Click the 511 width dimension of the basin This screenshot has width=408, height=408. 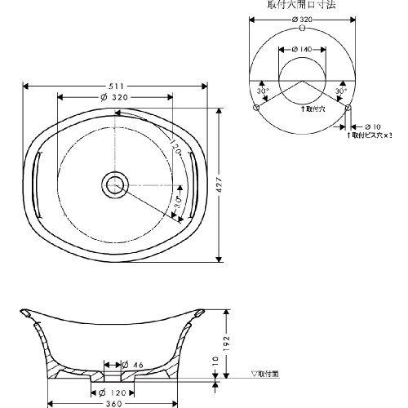pos(115,86)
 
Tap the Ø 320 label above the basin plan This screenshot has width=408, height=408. pos(115,98)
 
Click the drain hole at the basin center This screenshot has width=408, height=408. pos(115,184)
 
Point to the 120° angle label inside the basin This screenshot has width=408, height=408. pos(174,151)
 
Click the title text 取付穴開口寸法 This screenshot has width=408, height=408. pos(302,5)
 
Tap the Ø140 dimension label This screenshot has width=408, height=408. pos(303,51)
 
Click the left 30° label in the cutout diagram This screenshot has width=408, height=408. pos(263,91)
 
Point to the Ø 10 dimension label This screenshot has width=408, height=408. pos(371,126)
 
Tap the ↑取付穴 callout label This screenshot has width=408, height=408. pos(313,108)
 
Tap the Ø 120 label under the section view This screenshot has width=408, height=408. pos(115,391)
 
